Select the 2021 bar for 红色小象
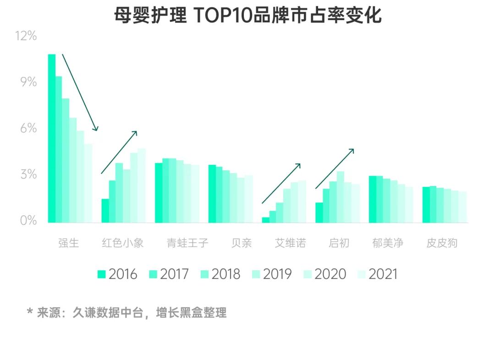pyautogui.click(x=142, y=185)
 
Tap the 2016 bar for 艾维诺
pyautogui.click(x=265, y=220)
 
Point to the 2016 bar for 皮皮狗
pyautogui.click(x=426, y=205)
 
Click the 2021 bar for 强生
pyautogui.click(x=88, y=183)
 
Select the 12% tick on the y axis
pyautogui.click(x=26, y=36)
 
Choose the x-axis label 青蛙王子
pyautogui.click(x=187, y=243)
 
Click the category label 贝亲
pyautogui.click(x=242, y=243)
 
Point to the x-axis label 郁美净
pyautogui.click(x=388, y=243)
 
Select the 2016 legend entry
pyautogui.click(x=117, y=274)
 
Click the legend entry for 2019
pyautogui.click(x=271, y=274)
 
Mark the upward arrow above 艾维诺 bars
pyautogui.click(x=281, y=183)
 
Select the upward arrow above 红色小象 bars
pyautogui.click(x=119, y=152)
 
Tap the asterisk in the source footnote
pyautogui.click(x=30, y=313)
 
